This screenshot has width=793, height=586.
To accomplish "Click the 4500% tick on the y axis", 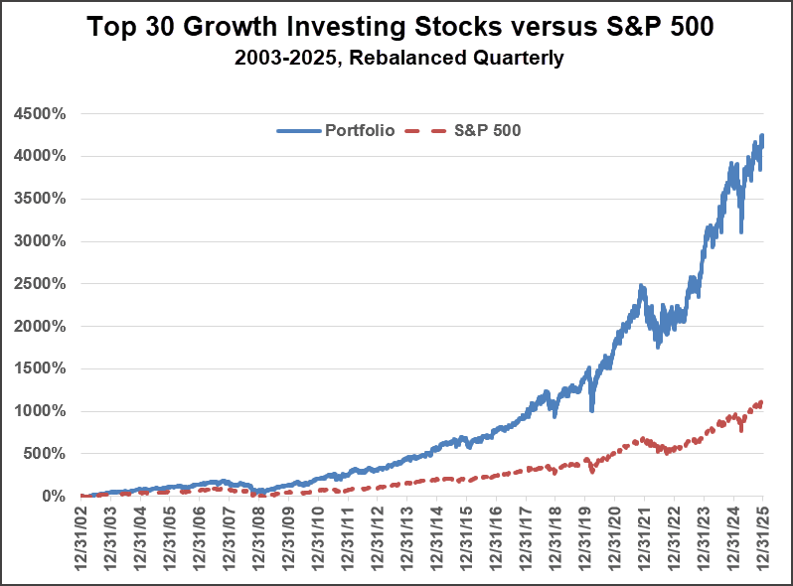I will tap(40, 113).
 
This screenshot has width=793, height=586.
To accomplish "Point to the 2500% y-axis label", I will tap(40, 283).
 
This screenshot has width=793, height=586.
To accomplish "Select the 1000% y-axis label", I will tap(40, 411).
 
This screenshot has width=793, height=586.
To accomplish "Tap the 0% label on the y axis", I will tap(52, 496).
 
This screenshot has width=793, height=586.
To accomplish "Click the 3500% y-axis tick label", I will tap(40, 199).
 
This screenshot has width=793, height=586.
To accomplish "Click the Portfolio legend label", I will tap(360, 130).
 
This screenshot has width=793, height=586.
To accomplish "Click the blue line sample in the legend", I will tap(298, 130).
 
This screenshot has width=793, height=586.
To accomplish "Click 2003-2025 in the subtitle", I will tap(282, 58).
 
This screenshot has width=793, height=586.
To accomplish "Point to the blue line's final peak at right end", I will tap(762, 135).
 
